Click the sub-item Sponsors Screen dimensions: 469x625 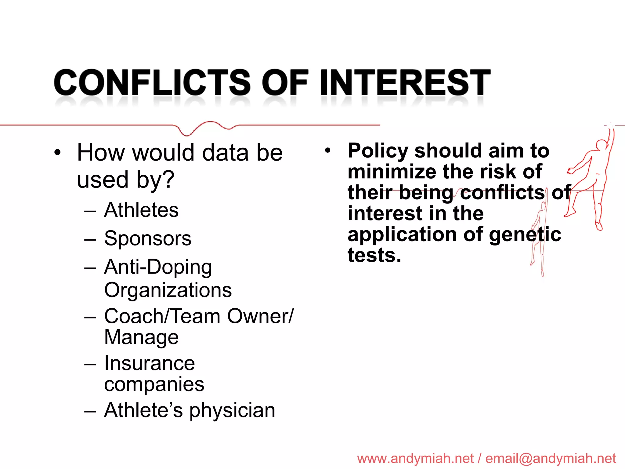click(148, 238)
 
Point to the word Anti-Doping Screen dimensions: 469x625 click(158, 267)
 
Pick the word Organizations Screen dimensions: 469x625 click(168, 290)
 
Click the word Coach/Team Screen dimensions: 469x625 click(162, 316)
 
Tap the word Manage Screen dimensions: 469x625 click(141, 337)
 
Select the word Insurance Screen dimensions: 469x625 click(150, 363)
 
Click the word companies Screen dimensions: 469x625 click(154, 384)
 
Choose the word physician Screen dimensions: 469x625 click(232, 411)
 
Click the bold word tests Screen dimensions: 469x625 click(374, 255)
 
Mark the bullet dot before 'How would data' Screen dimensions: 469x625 click(57, 152)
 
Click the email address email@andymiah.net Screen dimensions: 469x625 click(551, 459)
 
